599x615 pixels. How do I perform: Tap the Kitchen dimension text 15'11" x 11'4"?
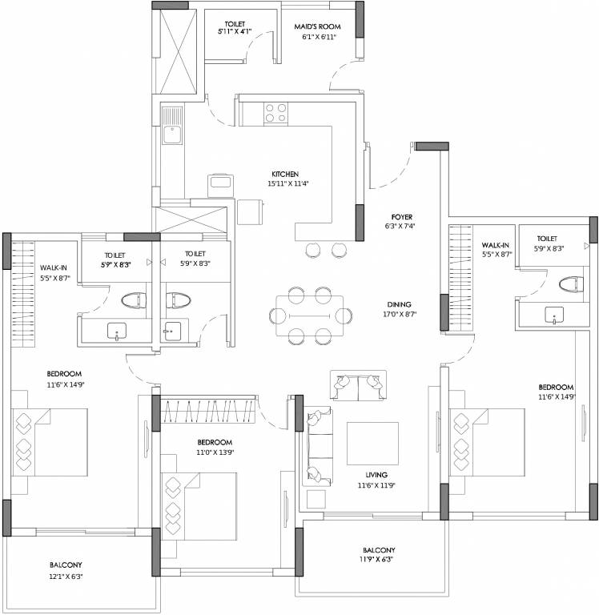tap(285, 183)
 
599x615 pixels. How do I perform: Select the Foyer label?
tap(401, 217)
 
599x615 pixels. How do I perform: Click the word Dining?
tap(398, 304)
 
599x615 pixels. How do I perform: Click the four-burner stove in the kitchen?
tap(276, 113)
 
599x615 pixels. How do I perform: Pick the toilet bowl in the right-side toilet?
tap(569, 284)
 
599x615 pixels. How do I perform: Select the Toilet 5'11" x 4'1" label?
tap(235, 27)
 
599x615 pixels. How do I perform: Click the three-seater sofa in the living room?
tap(319, 444)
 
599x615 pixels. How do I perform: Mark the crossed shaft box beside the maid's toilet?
tap(176, 48)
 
